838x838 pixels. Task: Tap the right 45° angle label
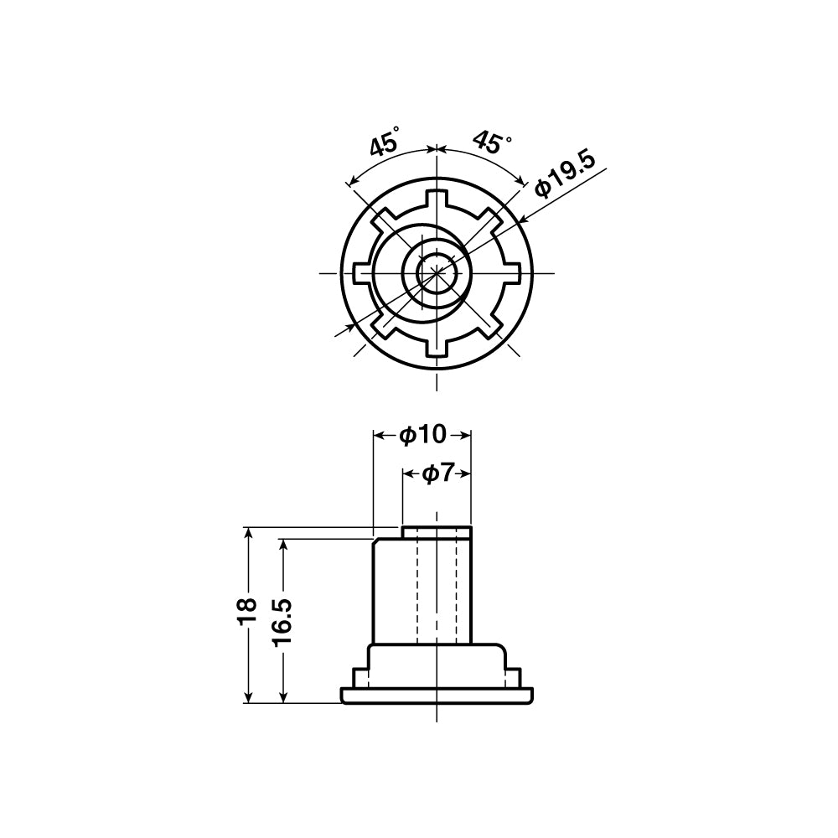491,142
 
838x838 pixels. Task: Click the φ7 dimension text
437,473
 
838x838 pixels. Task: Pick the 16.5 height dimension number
282,620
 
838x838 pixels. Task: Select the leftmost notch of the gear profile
361,273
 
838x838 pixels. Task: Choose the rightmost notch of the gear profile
512,273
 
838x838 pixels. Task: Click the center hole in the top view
437,273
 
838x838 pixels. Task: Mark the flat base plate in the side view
437,696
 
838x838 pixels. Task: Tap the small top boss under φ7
437,532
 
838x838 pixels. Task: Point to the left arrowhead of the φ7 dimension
408,473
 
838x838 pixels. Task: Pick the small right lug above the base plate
513,675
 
